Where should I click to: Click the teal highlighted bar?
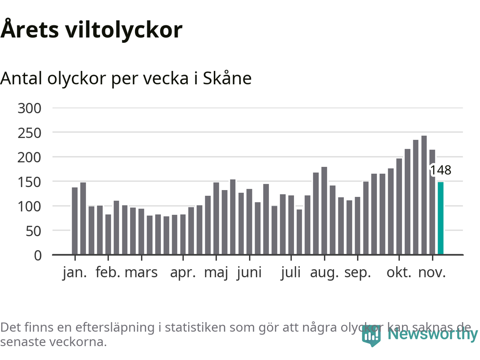(441, 218)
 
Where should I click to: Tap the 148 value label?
(441, 170)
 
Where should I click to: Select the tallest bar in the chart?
(424, 195)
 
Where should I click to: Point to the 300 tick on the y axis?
(29, 108)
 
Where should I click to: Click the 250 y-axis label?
(29, 133)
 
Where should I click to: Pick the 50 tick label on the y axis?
(33, 231)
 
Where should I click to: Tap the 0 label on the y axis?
(38, 256)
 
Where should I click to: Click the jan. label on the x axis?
(75, 273)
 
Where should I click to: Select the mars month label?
(141, 273)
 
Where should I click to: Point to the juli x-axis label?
(291, 273)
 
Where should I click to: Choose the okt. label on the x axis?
(399, 273)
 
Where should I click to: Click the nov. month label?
(432, 273)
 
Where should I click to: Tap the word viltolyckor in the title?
(124, 30)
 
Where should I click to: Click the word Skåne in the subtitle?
(227, 78)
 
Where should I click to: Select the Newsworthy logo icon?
(371, 335)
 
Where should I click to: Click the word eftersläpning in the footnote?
(115, 327)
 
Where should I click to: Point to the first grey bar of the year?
(75, 221)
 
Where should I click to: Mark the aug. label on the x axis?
(324, 273)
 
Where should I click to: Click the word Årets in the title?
(30, 30)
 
